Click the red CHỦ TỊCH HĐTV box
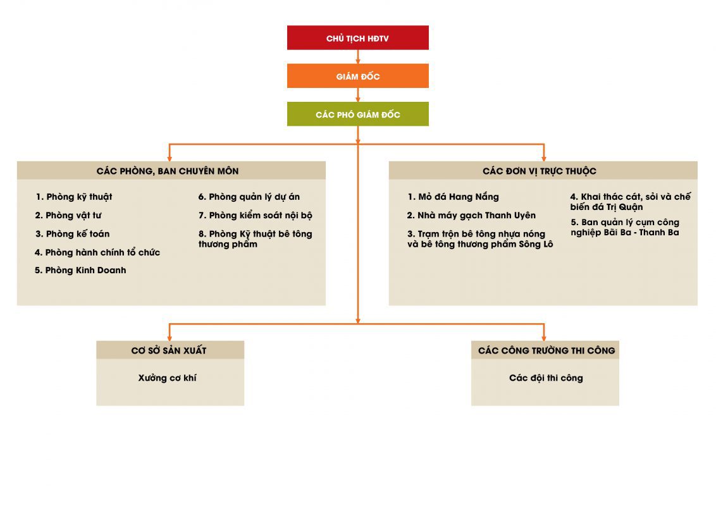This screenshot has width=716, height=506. tap(357, 37)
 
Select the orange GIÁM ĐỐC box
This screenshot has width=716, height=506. tap(357, 76)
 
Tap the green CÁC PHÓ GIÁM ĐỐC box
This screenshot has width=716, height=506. tap(357, 114)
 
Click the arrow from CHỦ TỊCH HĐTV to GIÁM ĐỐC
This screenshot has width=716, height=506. tap(358, 57)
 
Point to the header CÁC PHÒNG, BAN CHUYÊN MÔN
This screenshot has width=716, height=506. tap(168, 171)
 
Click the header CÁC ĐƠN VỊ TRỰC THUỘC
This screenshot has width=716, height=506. tap(540, 171)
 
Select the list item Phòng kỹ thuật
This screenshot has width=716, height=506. tap(74, 197)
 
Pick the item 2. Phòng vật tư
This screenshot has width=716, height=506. tap(68, 216)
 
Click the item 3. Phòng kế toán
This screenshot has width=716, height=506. tap(73, 234)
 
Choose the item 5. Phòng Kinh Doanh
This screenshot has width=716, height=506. tap(80, 270)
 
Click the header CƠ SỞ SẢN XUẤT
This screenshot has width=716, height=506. tap(169, 351)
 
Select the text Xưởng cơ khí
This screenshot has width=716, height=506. tap(168, 378)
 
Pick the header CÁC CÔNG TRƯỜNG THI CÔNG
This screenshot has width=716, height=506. tap(546, 351)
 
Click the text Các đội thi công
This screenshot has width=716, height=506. tap(546, 378)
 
